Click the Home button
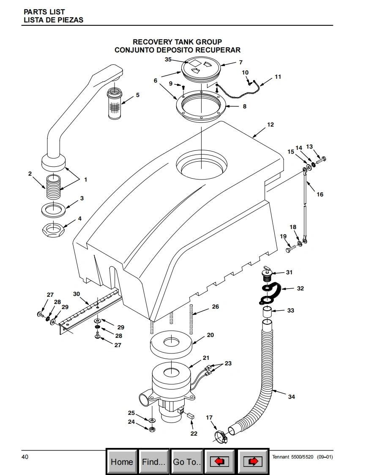tap(122, 461)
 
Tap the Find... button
tap(154, 461)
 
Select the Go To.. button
tap(187, 461)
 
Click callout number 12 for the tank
tap(270, 124)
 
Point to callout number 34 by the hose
tap(291, 397)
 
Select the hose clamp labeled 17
tap(221, 437)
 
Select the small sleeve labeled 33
tap(267, 312)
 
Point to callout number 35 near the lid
tap(168, 59)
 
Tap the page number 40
tap(25, 456)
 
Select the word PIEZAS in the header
tap(71, 20)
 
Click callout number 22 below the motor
tap(194, 434)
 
